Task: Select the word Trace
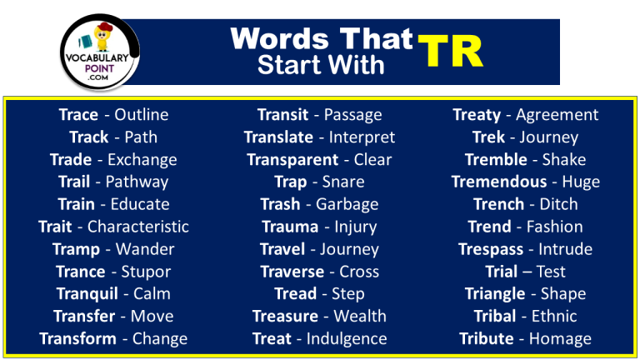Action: tap(78, 115)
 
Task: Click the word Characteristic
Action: tap(138, 227)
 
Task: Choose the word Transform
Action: tap(77, 338)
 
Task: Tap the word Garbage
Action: tap(347, 204)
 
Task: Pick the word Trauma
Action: tap(290, 227)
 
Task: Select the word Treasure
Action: tap(285, 316)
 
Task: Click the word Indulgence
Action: tap(347, 338)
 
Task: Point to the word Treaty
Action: tap(477, 115)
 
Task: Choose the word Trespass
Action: tap(491, 249)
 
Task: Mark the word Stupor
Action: tap(146, 272)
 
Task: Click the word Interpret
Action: tap(362, 137)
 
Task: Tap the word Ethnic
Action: tap(549, 316)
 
